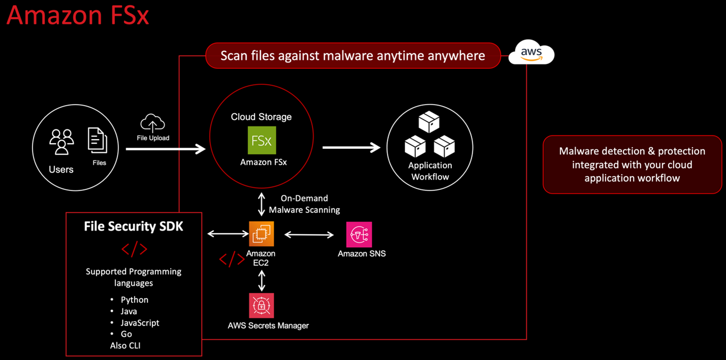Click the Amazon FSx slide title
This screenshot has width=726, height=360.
tap(78, 15)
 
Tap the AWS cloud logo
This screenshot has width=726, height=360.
tap(531, 54)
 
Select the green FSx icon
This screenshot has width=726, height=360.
tap(261, 140)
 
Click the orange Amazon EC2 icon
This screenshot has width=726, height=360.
tap(261, 234)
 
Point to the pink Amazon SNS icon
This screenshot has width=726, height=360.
tap(359, 234)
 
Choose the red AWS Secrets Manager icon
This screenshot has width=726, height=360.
tap(261, 305)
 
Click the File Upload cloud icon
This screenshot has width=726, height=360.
tap(153, 123)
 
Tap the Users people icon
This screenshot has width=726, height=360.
tap(61, 141)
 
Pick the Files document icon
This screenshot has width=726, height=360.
tap(97, 140)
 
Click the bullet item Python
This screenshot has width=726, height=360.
tap(134, 300)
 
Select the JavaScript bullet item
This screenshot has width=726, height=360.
tap(140, 322)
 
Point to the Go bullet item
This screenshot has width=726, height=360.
tap(126, 334)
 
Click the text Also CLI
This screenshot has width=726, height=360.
tap(125, 346)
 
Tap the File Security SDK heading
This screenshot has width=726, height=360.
tap(134, 226)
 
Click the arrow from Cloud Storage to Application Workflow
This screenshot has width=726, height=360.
tap(351, 148)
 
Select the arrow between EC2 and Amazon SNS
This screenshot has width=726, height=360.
tap(309, 235)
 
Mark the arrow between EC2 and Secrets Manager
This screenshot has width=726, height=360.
tap(262, 280)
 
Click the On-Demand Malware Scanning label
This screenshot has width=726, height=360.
tap(304, 204)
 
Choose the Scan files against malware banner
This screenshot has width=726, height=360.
tap(353, 55)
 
